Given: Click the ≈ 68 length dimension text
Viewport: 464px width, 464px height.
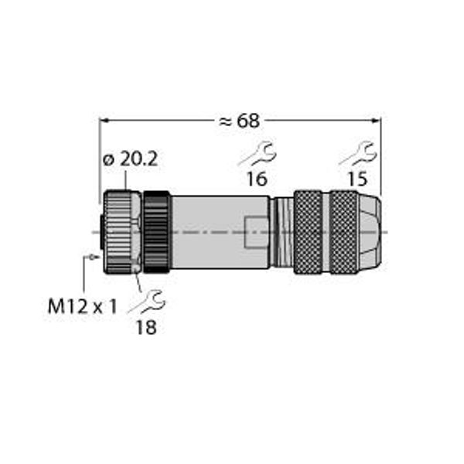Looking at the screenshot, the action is (x=240, y=121).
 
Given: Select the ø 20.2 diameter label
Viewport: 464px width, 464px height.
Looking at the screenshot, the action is (x=130, y=160).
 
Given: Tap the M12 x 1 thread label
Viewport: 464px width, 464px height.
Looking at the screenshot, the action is (x=83, y=306).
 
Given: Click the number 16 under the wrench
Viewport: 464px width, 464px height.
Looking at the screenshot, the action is (x=258, y=179).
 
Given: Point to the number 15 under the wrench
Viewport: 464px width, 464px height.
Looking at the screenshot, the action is (x=357, y=179).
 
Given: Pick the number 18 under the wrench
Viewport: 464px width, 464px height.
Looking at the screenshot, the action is (x=146, y=327).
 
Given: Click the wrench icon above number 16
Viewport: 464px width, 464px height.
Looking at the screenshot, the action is (x=258, y=154).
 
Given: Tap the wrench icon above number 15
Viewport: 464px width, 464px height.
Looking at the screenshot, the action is (x=358, y=154).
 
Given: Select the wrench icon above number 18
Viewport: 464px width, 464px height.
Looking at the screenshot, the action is (x=146, y=302).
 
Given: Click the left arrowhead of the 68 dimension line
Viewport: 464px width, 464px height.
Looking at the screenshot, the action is (x=104, y=121).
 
